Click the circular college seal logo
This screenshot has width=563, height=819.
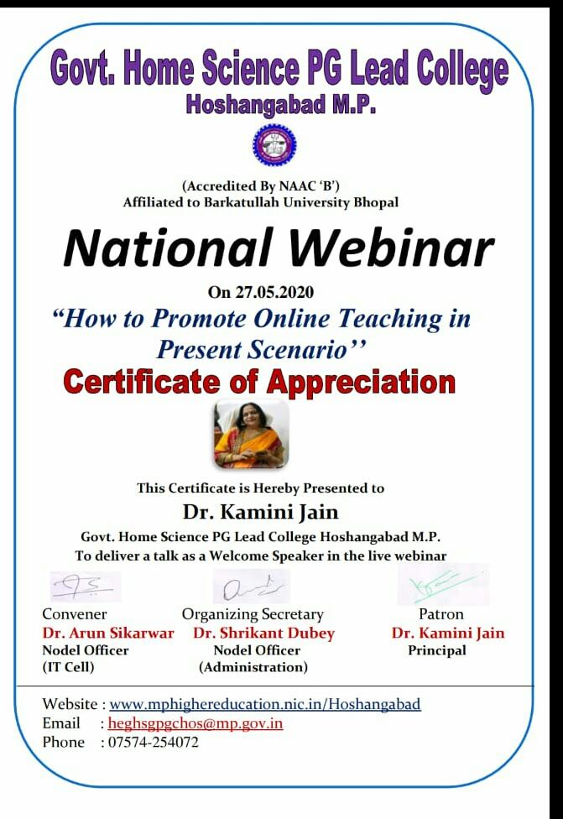click(x=274, y=144)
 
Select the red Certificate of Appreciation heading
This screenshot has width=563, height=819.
click(x=259, y=382)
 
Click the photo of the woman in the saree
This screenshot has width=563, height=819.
click(x=251, y=434)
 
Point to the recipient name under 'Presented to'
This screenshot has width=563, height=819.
click(x=260, y=511)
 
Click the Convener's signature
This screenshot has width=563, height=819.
click(x=86, y=587)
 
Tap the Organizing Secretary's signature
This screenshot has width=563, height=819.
click(x=251, y=586)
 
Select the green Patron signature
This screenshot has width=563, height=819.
click(x=444, y=584)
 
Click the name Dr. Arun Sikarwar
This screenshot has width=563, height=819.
click(x=108, y=633)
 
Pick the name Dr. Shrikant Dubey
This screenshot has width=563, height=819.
click(x=263, y=633)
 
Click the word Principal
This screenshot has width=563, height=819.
click(x=437, y=651)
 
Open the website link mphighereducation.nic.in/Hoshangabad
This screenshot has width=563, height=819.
click(x=265, y=704)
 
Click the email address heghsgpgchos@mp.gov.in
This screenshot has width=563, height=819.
click(x=195, y=723)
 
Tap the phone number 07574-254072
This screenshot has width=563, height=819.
click(x=153, y=742)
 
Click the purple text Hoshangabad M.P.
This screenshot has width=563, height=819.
click(x=281, y=104)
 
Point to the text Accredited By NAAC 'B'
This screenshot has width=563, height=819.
click(x=261, y=186)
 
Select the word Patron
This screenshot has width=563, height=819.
click(x=441, y=614)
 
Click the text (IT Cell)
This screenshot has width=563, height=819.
click(x=69, y=667)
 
